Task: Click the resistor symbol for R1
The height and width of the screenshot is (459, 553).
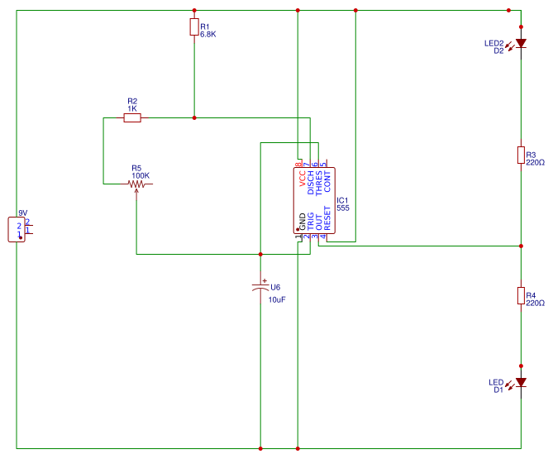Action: click(x=194, y=28)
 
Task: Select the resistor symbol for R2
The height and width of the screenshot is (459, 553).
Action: click(x=132, y=118)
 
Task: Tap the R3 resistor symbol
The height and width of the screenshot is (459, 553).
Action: click(x=521, y=155)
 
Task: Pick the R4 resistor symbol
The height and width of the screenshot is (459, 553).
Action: click(x=521, y=295)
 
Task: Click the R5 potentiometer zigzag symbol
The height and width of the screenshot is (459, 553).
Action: click(x=136, y=184)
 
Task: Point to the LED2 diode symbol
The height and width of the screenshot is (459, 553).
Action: click(x=521, y=44)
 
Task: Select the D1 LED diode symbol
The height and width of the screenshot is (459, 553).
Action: click(x=521, y=383)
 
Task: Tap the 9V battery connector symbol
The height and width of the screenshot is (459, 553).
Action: click(x=17, y=228)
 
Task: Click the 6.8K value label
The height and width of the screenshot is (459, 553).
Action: click(x=207, y=34)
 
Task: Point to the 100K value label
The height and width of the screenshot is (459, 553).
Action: click(x=141, y=175)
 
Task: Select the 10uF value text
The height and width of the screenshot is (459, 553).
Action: click(x=277, y=299)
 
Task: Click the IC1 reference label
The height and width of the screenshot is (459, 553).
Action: click(x=342, y=199)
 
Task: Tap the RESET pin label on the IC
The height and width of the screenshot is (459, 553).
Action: click(x=327, y=217)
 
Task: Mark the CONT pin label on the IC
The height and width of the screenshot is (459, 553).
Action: click(x=327, y=181)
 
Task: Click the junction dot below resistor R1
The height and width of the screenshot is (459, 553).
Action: click(x=194, y=118)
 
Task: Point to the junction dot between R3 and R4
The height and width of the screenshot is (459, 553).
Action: click(x=521, y=246)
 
